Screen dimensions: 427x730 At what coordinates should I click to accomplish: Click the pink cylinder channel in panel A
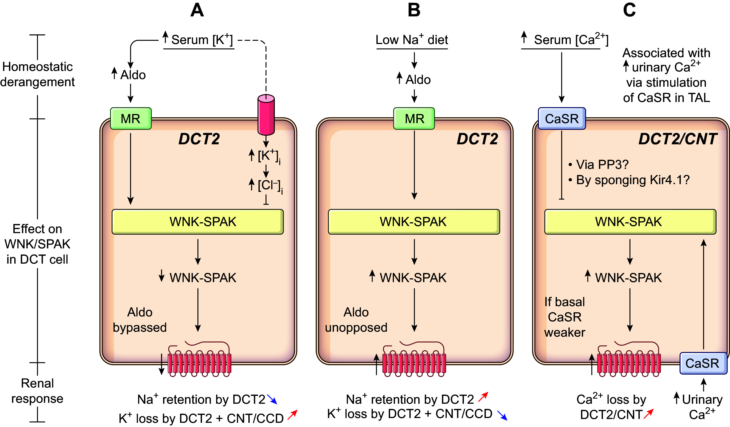266,115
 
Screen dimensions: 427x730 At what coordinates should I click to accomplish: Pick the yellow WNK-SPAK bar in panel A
198,222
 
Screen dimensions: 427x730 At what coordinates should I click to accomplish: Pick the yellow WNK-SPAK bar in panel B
414,222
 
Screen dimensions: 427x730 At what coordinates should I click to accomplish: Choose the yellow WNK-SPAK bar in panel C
630,222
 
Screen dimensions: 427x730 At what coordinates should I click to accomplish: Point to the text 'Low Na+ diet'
412,40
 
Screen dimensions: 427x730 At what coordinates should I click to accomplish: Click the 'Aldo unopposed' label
356,320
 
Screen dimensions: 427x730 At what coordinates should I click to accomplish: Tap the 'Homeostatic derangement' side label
37,74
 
